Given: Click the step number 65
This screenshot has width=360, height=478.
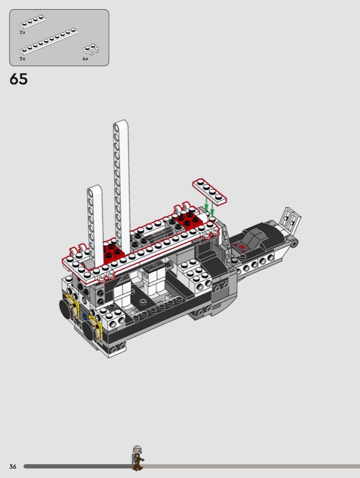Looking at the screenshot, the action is coord(19,79).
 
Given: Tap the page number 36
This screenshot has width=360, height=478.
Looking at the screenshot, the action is coord(13,467).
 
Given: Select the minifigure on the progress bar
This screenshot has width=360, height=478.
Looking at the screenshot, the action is coord(138,458).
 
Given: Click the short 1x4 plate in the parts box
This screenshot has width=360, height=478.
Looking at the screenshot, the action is coord(33,22).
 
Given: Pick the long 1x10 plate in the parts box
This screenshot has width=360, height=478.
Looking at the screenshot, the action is coord(49,41).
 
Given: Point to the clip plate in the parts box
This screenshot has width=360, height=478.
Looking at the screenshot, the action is coord(91,50).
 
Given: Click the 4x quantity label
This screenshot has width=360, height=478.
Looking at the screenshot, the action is coord(85,59).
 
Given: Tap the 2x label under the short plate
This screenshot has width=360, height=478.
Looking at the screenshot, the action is coord(22,32).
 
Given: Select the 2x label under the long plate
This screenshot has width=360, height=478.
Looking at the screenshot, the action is coord(22,59).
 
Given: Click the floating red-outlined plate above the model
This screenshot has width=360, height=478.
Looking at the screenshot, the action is coord(209,191).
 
